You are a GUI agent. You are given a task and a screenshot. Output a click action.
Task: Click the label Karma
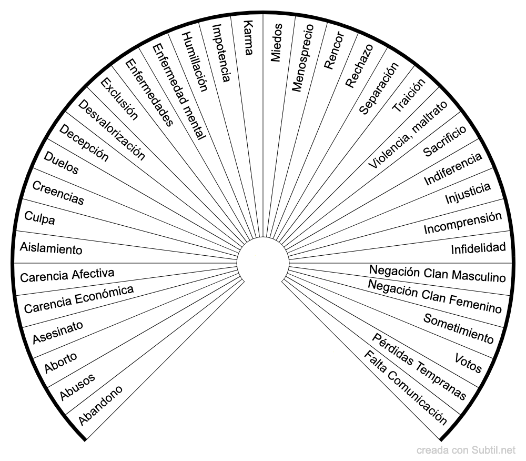(x=248, y=37)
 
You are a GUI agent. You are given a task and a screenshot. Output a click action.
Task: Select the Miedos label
(x=277, y=43)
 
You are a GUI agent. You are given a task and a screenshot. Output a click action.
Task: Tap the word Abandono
(x=100, y=405)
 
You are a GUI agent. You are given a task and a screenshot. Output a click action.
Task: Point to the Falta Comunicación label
(x=406, y=387)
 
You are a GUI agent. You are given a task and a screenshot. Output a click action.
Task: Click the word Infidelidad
(x=478, y=248)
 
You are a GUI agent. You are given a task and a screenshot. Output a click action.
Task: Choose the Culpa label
(x=39, y=217)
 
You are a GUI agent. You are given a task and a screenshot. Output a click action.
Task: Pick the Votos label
(x=468, y=363)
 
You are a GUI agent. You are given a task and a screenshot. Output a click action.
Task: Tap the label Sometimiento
(x=459, y=328)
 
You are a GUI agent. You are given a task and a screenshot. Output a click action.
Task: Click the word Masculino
(x=479, y=276)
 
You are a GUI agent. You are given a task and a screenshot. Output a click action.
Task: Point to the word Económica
(x=104, y=295)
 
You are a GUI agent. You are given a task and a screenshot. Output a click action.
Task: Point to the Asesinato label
(x=58, y=332)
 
